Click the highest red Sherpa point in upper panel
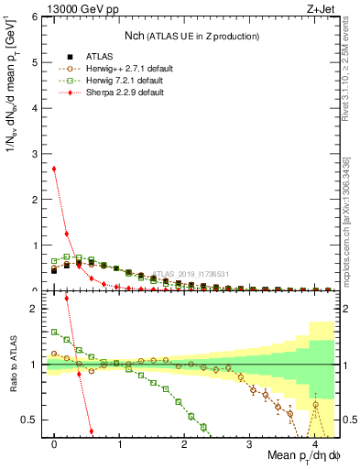[55, 169]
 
